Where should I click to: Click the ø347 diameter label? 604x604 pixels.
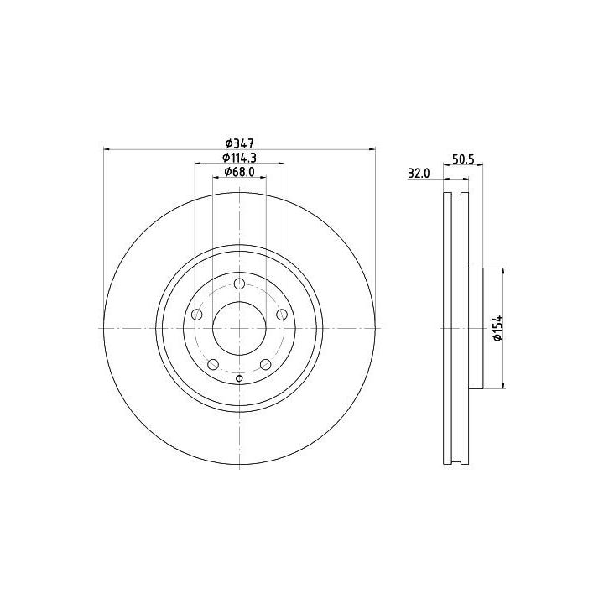click(239, 143)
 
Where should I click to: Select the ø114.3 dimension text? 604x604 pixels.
click(239, 157)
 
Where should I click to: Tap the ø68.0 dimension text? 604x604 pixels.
click(239, 172)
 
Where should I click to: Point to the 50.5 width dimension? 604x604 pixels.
click(463, 159)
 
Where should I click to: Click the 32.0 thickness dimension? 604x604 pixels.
click(419, 174)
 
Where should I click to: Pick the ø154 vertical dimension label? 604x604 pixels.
click(498, 328)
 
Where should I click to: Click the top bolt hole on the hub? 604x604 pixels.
click(240, 284)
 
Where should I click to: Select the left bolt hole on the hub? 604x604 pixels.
click(197, 315)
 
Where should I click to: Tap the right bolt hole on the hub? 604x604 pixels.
click(282, 315)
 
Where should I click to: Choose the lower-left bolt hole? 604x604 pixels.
click(213, 364)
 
